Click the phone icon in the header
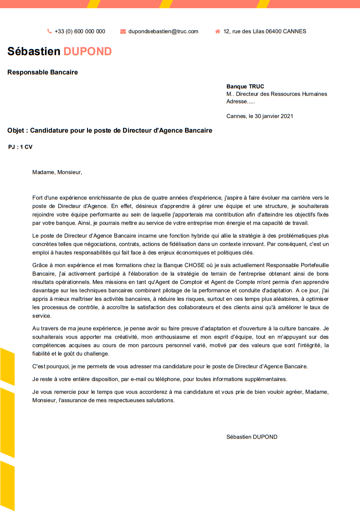click(49, 31)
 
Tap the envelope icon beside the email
click(123, 31)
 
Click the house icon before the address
click(217, 31)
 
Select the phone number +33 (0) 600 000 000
click(80, 31)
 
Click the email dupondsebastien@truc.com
click(163, 31)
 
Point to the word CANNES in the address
click(294, 31)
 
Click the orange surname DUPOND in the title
click(87, 52)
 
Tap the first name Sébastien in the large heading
click(34, 52)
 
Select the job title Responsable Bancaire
click(42, 72)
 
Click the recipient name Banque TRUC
click(245, 87)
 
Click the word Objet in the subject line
click(16, 130)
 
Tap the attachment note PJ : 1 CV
click(21, 147)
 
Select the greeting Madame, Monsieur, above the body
click(57, 172)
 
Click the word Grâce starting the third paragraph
click(40, 265)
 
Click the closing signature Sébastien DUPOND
click(252, 437)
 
